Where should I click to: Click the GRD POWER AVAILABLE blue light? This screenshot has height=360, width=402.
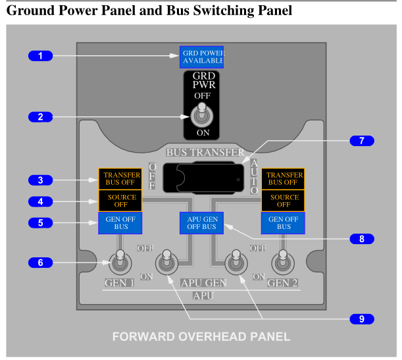[x=203, y=57]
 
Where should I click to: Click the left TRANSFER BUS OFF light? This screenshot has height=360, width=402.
[x=120, y=179]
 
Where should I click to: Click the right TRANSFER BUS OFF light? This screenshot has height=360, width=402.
[x=284, y=179]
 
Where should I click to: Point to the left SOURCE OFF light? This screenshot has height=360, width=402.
[x=120, y=201]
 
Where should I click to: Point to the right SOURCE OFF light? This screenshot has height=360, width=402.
[x=284, y=201]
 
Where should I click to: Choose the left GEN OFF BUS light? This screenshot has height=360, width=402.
[x=120, y=223]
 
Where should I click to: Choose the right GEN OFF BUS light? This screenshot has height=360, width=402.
[x=284, y=223]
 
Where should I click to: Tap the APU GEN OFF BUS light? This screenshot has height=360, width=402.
[x=201, y=223]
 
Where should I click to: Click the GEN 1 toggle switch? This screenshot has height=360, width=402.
[x=120, y=262]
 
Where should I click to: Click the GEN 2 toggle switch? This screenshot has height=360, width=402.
[x=283, y=262]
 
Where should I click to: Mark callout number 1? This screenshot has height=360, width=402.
[x=40, y=56]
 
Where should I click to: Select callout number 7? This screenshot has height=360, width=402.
[x=361, y=141]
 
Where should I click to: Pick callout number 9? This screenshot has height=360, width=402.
[x=361, y=319]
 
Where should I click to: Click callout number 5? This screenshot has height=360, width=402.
[x=40, y=223]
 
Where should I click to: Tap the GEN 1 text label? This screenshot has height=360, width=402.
[x=119, y=284]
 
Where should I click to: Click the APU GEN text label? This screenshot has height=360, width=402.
[x=204, y=284]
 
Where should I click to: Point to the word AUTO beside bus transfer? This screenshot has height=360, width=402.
[x=255, y=176]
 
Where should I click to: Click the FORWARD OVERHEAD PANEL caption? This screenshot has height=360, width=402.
[x=201, y=336]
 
